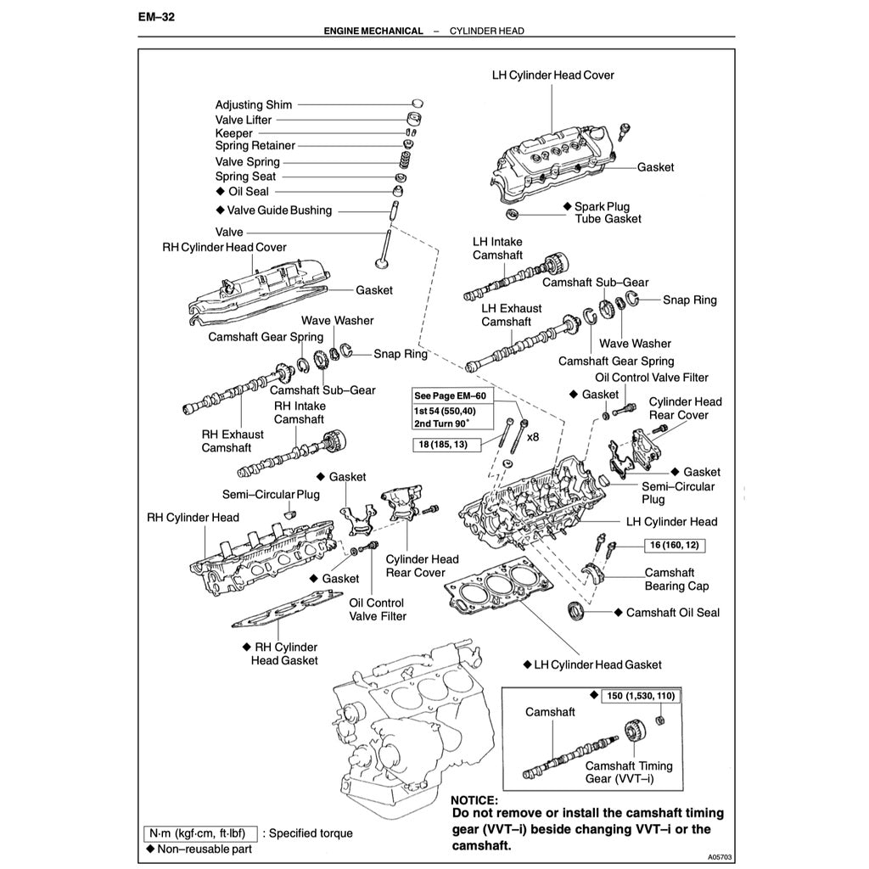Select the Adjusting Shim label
click(253, 105)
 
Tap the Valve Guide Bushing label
click(279, 210)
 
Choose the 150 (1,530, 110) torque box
click(641, 696)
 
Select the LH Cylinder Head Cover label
click(553, 75)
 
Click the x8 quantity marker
click(533, 437)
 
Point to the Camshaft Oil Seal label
click(672, 612)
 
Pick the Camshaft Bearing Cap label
click(676, 580)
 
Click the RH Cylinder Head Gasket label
click(284, 653)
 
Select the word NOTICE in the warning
click(474, 799)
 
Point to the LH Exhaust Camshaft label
click(511, 315)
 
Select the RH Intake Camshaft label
click(299, 412)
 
